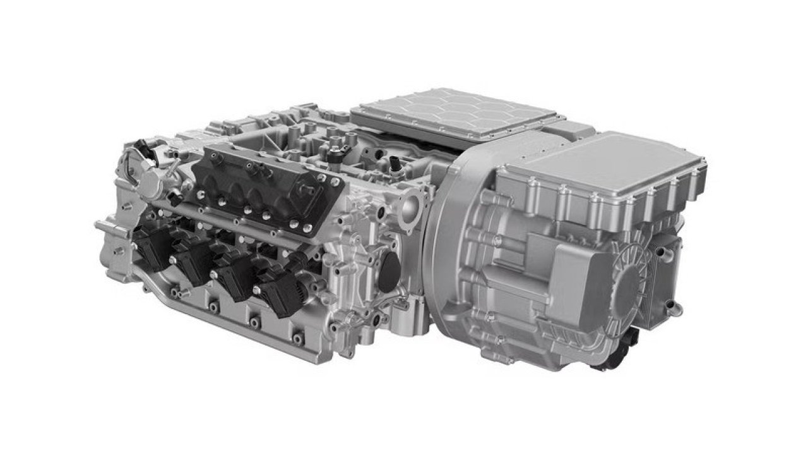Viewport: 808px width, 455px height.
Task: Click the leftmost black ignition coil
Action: pyautogui.click(x=151, y=248)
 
